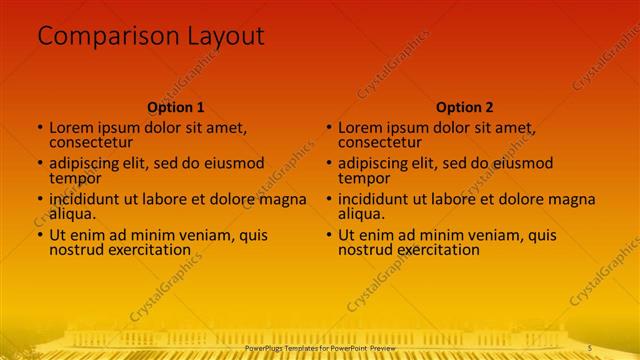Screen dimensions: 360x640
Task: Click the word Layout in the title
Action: pyautogui.click(x=225, y=37)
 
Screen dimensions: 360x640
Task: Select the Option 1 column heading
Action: pyautogui.click(x=176, y=107)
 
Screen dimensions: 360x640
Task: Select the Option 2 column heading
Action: pyautogui.click(x=465, y=107)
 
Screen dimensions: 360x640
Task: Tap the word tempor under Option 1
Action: pyautogui.click(x=73, y=179)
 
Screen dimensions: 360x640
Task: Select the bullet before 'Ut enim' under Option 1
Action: pyautogui.click(x=40, y=236)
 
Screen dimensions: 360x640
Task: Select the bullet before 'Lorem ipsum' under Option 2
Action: pyautogui.click(x=329, y=129)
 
